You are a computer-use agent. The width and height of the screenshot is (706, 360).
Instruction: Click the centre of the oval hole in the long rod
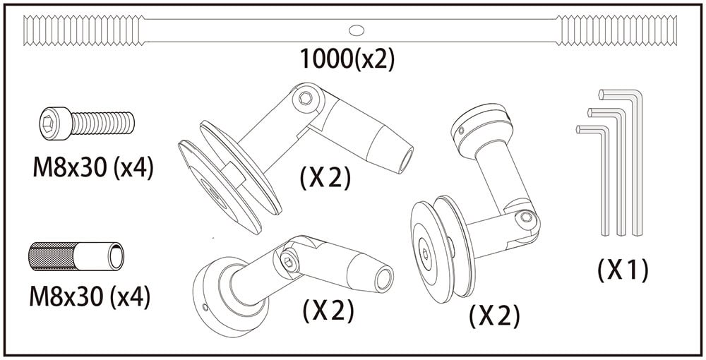tap(356, 30)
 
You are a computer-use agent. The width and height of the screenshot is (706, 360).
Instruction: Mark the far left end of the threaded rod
tap(24, 30)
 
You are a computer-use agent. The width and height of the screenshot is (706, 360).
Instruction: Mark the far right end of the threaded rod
tap(677, 30)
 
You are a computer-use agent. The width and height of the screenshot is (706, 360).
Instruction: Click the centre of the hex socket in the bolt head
tap(48, 122)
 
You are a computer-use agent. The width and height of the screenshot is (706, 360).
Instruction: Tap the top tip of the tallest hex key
tap(601, 93)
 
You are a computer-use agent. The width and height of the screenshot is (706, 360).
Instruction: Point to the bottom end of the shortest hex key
tap(606, 234)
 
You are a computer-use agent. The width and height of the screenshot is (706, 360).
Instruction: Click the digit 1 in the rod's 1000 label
tap(305, 59)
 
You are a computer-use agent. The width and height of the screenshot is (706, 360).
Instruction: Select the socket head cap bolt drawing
tap(87, 123)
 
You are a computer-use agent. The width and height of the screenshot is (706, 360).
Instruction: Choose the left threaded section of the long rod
tap(84, 30)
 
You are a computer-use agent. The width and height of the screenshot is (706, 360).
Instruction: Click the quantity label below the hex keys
tap(623, 270)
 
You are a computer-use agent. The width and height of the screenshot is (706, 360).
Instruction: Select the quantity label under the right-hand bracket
tap(494, 316)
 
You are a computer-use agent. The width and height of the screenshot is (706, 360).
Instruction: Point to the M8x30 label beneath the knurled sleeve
tap(89, 296)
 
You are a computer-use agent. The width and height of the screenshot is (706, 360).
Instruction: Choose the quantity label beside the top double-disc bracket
tap(325, 179)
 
